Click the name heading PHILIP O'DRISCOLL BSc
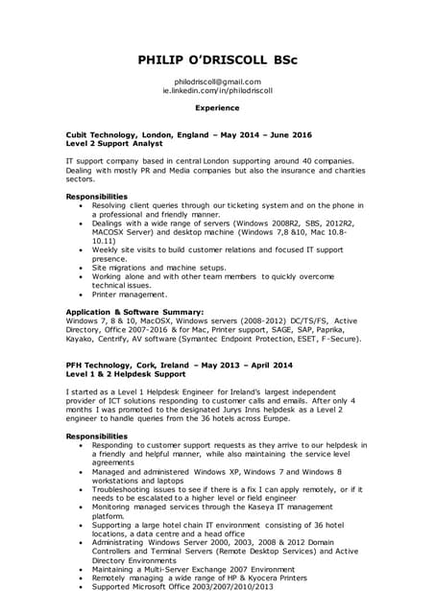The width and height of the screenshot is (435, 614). coord(217,59)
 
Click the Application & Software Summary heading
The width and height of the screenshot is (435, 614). coord(133,312)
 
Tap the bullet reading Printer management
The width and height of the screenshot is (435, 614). coord(130,295)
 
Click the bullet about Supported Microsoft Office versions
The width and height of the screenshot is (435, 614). coord(182,586)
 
